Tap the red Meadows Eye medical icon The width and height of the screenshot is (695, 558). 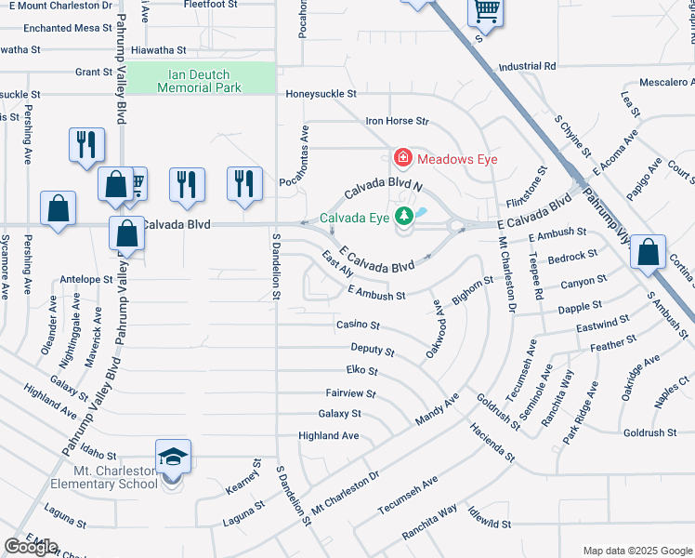pos(402,159)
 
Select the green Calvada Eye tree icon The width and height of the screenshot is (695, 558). pos(403,218)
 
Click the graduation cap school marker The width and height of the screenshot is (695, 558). pos(173,457)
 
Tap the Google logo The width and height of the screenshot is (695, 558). pos(31,547)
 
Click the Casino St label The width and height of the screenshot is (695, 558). pos(358,325)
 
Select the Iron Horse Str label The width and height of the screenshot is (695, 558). pos(397,121)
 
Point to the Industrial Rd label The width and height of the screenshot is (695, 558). pos(526,67)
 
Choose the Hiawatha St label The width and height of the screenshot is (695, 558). pos(160,49)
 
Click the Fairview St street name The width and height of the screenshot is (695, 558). pos(350,394)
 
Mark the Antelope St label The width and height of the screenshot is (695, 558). pos(85,279)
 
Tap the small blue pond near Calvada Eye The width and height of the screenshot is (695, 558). pos(422,213)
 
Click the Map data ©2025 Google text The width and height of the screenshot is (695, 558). pos(636,551)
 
